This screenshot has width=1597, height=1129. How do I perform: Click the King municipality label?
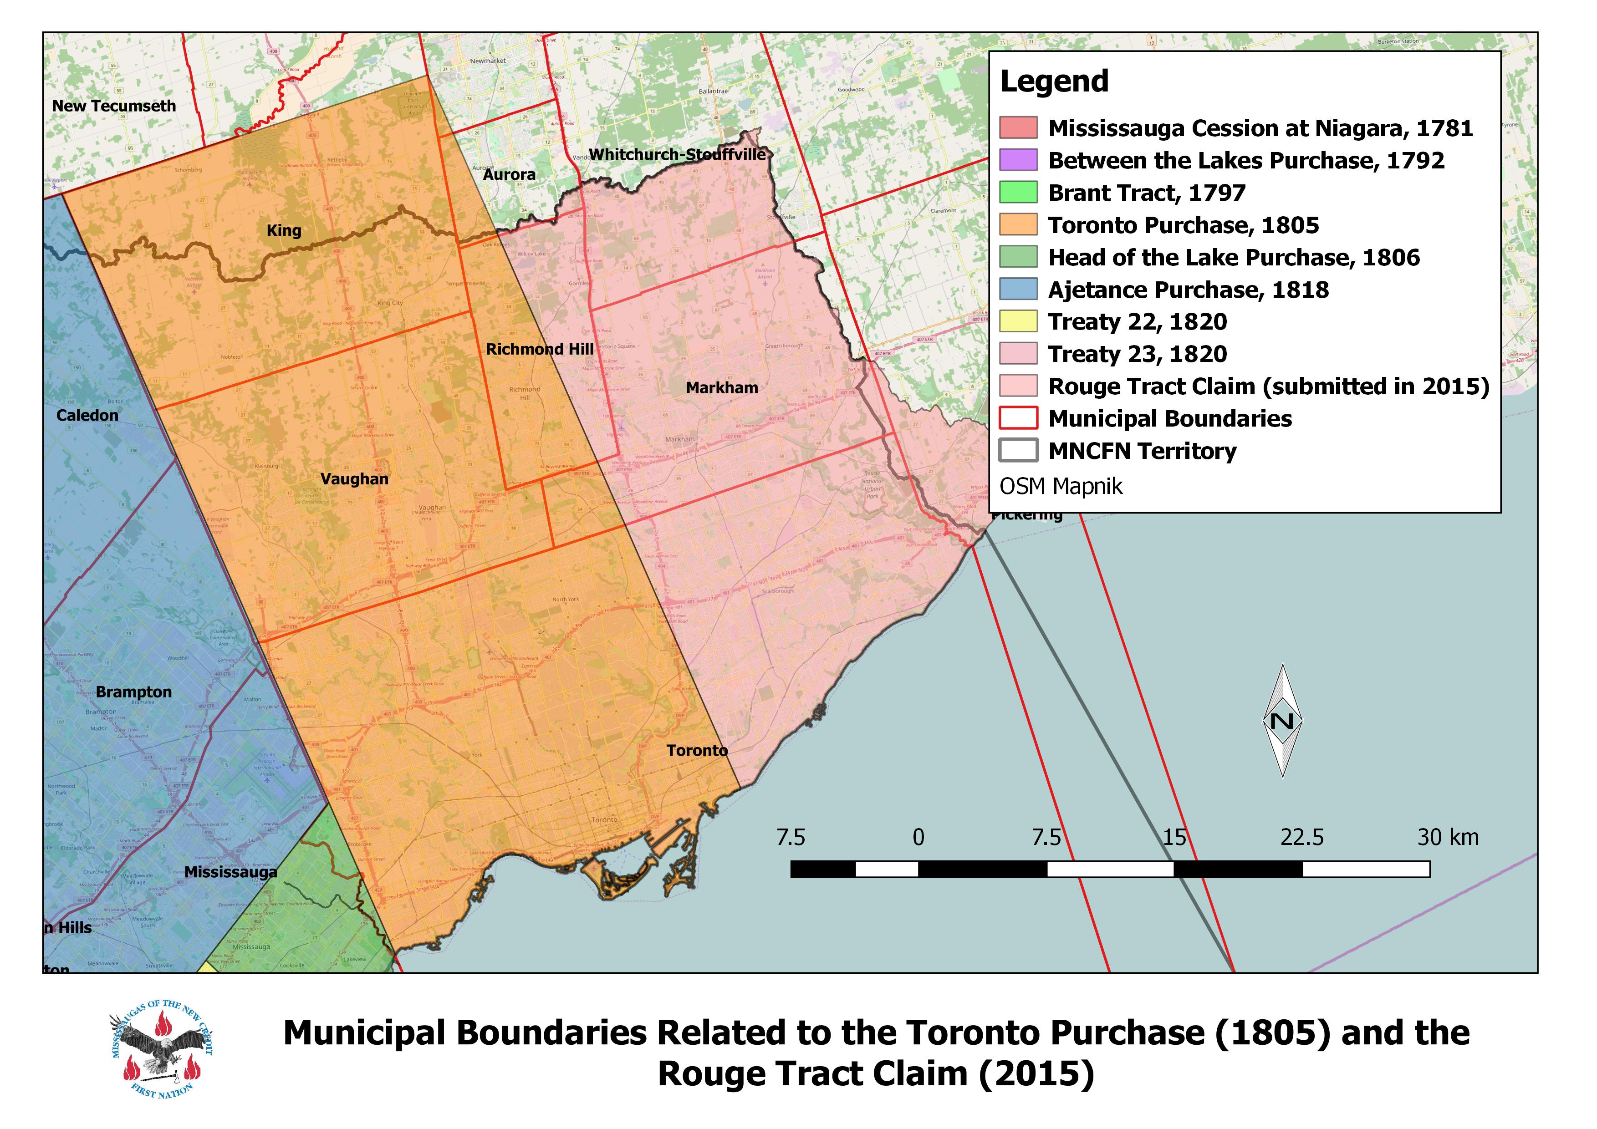[284, 231]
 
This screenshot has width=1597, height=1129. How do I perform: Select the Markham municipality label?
[722, 388]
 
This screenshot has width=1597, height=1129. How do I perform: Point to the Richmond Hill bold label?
[539, 350]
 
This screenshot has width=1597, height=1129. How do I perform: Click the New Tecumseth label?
[114, 107]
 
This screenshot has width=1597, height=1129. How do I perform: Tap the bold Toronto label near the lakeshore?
[697, 751]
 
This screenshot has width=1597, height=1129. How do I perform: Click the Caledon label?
[87, 416]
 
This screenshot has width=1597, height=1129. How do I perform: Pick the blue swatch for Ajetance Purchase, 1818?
[1018, 289]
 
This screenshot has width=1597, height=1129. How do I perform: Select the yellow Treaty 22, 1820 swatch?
[1018, 321]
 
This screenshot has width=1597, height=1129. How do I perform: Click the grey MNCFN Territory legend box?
[1018, 451]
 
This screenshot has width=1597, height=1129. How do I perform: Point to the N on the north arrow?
[1282, 721]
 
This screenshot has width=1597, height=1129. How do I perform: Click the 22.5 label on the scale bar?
[1301, 838]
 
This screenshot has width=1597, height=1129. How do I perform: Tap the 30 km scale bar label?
[1448, 838]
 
